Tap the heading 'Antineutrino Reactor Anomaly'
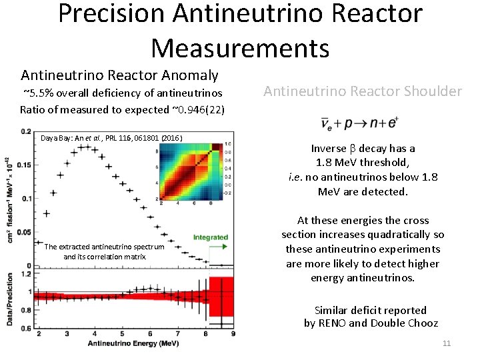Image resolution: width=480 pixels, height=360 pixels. click(119, 75)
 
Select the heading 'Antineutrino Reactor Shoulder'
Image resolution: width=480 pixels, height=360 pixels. click(363, 91)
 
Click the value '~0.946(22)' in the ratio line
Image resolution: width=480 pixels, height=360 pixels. click(198, 109)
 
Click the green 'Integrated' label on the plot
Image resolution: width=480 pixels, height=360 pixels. click(210, 237)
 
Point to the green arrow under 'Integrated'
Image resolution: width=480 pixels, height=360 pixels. click(211, 247)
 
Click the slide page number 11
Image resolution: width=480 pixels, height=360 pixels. click(446, 343)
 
